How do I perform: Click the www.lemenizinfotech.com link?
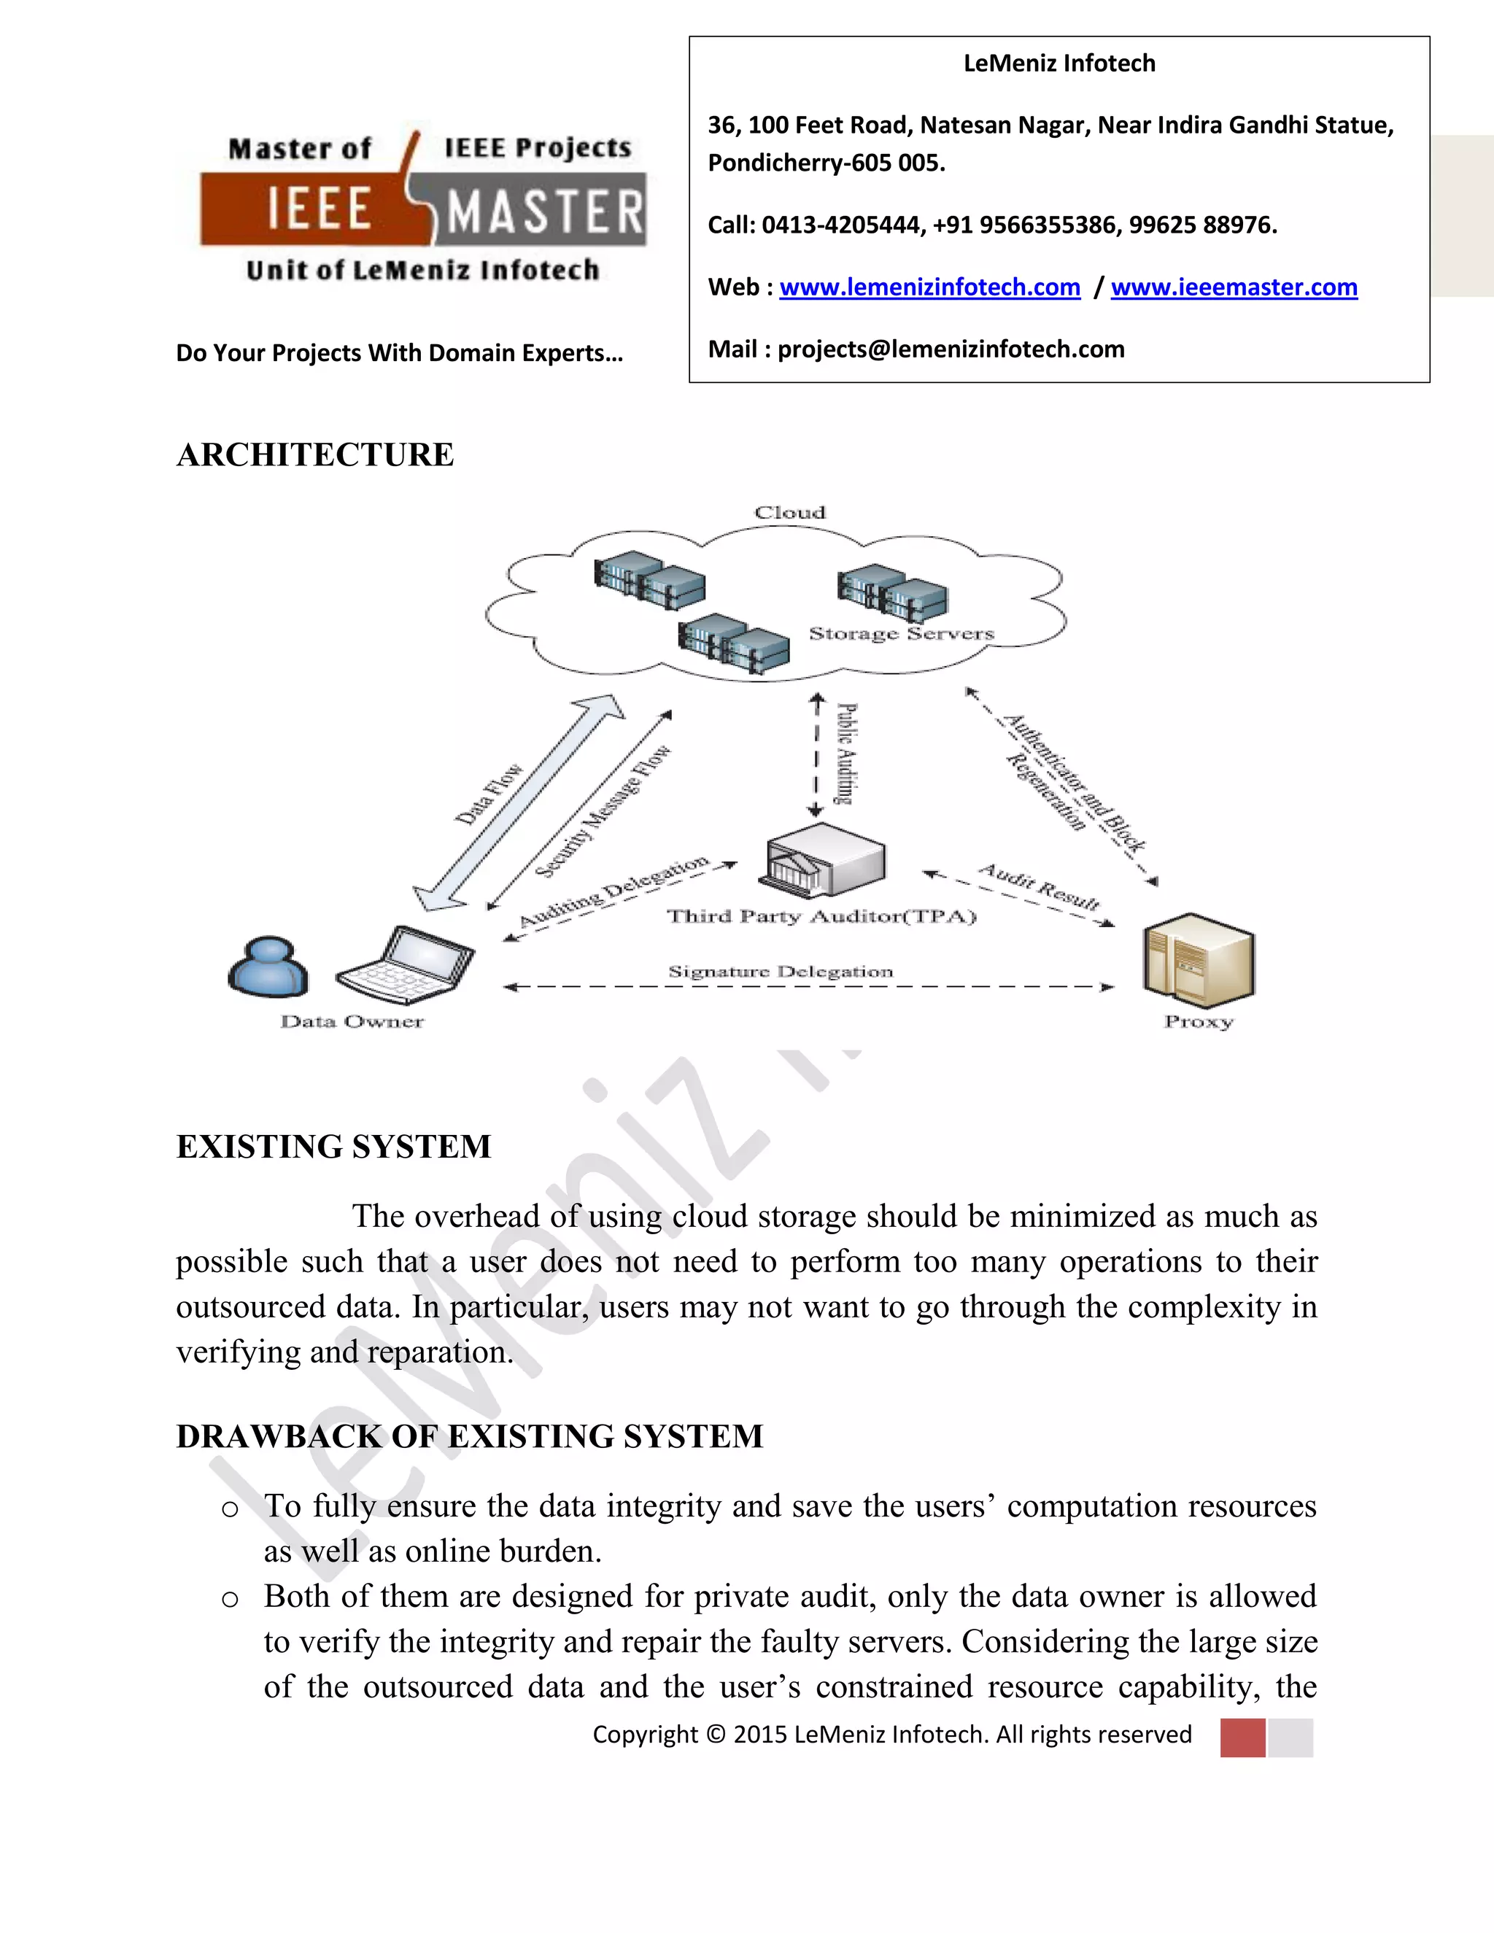(x=929, y=287)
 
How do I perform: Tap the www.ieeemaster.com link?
(x=1234, y=287)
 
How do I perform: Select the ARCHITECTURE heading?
(x=315, y=455)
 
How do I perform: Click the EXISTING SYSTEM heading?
(x=333, y=1147)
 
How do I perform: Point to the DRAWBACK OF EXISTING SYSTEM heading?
(x=469, y=1436)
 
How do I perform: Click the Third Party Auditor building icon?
(x=823, y=859)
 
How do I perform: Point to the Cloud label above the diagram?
(x=789, y=513)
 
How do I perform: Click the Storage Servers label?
(x=901, y=634)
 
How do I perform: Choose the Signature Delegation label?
(x=781, y=972)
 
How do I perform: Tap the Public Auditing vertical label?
(x=846, y=754)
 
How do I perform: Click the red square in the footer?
(x=1242, y=1737)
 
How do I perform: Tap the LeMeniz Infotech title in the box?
(x=1058, y=63)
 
